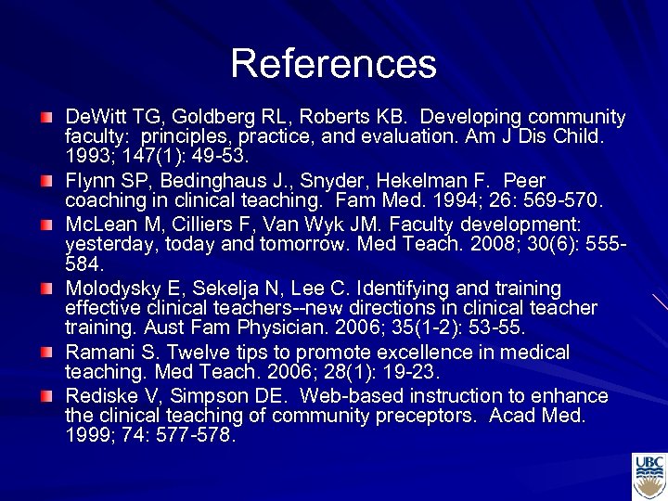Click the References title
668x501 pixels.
pos(333,63)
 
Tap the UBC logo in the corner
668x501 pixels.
pos(649,476)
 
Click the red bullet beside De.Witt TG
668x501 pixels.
pos(46,118)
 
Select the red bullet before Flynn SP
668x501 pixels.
pos(46,181)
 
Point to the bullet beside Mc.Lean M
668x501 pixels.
pos(46,225)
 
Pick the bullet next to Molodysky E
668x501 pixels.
pos(46,289)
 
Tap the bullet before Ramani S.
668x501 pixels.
pos(46,353)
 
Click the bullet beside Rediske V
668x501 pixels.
pos(46,397)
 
